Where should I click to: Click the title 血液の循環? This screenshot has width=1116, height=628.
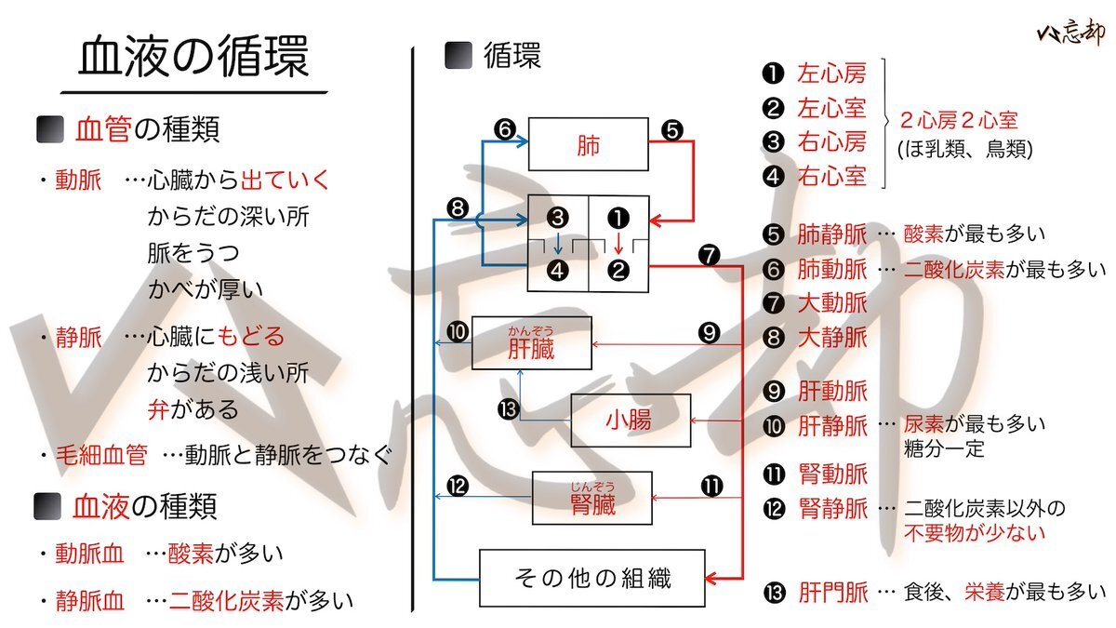pos(193,58)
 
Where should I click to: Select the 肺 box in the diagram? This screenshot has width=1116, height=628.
pos(588,144)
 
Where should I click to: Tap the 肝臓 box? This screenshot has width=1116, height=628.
pos(531,344)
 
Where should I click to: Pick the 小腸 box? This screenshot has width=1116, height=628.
pos(631,421)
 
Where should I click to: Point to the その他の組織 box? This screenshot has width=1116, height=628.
pos(591,578)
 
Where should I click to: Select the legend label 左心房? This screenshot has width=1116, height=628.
pos(831,73)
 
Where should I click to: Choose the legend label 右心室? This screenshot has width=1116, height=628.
pos(831,176)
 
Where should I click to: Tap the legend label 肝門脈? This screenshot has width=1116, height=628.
pos(832,593)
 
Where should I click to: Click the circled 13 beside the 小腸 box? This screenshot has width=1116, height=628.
pos(507,409)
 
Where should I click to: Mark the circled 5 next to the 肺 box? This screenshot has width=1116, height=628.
pos(672,131)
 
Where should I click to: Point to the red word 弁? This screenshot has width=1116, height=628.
pos(157,409)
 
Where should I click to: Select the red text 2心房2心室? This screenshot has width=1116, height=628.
pos(958,121)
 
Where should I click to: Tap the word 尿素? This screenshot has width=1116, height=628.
pos(926,424)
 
